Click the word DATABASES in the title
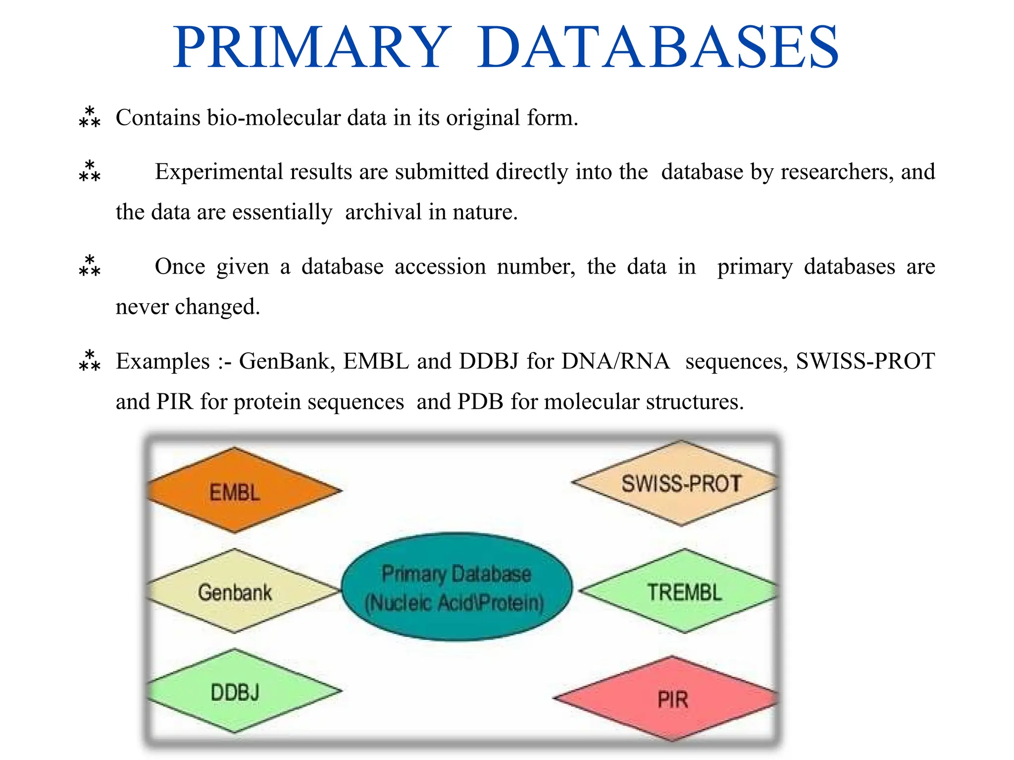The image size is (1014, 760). (x=658, y=47)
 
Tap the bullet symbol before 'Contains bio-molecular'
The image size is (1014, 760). (x=90, y=117)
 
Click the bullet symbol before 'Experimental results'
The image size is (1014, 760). (x=90, y=171)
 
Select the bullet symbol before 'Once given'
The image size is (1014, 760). (x=90, y=266)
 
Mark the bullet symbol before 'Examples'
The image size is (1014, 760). (x=90, y=361)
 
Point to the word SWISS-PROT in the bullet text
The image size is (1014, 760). (x=865, y=361)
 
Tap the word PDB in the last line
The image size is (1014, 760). (x=480, y=401)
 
